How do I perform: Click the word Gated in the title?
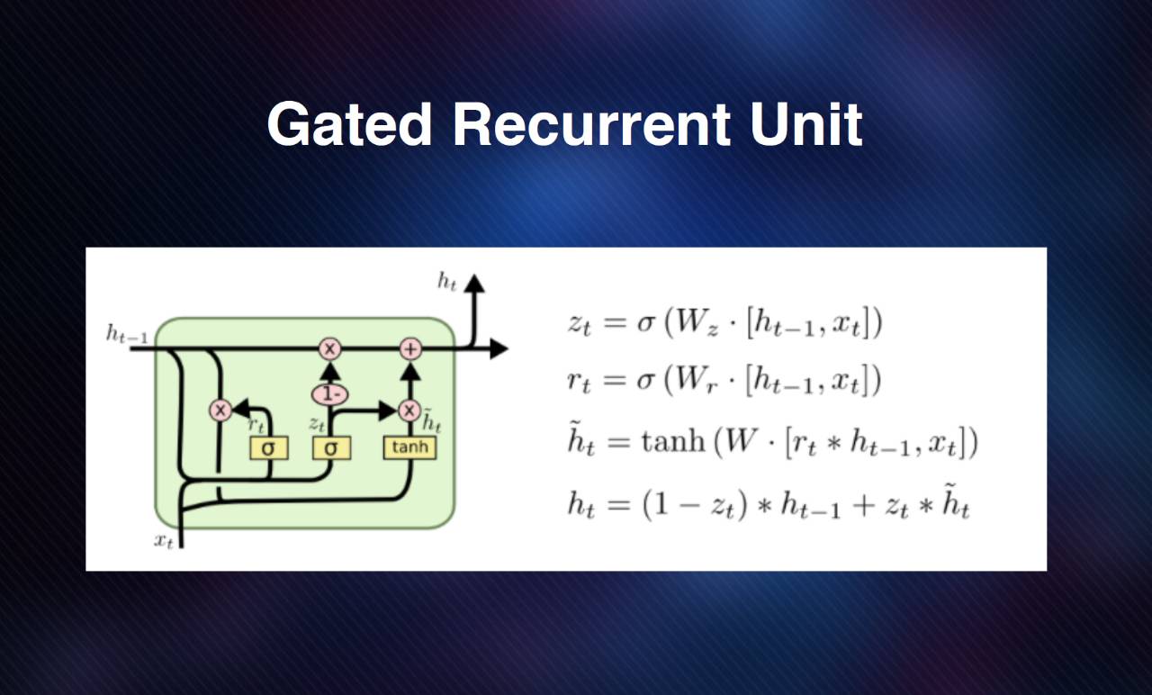pyautogui.click(x=349, y=124)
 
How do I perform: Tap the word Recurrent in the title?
pyautogui.click(x=591, y=124)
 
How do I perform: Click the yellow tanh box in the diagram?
pyautogui.click(x=409, y=447)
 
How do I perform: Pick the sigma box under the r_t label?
pyautogui.click(x=268, y=447)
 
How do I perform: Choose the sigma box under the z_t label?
pyautogui.click(x=330, y=447)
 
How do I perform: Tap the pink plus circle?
pyautogui.click(x=409, y=348)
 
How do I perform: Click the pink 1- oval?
pyautogui.click(x=329, y=394)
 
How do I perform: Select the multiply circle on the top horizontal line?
pyautogui.click(x=329, y=348)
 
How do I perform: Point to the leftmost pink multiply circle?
pyautogui.click(x=220, y=411)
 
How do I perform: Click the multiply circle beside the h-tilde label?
pyautogui.click(x=409, y=411)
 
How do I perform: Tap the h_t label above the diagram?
pyautogui.click(x=447, y=282)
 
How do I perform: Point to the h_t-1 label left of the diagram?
pyautogui.click(x=127, y=335)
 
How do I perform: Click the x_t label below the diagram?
pyautogui.click(x=163, y=540)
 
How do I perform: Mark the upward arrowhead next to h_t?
pyautogui.click(x=474, y=284)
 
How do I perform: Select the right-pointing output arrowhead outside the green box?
pyautogui.click(x=499, y=348)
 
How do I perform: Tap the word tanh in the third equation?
pyautogui.click(x=671, y=443)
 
